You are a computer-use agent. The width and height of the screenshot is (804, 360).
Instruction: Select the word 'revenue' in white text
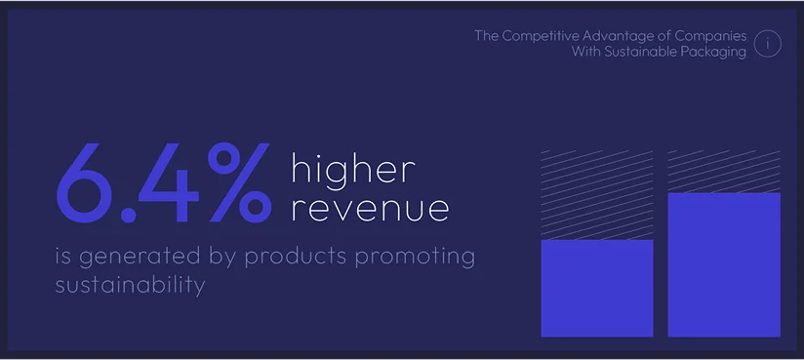pyautogui.click(x=370, y=209)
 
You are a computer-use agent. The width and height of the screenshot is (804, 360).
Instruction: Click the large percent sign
pyautogui.click(x=239, y=182)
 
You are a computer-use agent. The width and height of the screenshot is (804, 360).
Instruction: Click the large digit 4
pyautogui.click(x=169, y=183)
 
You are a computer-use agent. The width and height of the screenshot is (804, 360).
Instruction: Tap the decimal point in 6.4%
pyautogui.click(x=128, y=216)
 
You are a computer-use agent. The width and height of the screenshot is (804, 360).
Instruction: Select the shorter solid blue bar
pyautogui.click(x=597, y=288)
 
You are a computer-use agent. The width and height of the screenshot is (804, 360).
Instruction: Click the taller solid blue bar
pyautogui.click(x=724, y=264)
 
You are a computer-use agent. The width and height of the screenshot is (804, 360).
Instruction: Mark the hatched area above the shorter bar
pyautogui.click(x=597, y=195)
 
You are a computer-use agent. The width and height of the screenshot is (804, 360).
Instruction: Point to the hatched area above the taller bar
pyautogui.click(x=724, y=172)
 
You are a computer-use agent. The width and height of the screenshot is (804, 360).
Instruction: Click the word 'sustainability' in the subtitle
pyautogui.click(x=130, y=285)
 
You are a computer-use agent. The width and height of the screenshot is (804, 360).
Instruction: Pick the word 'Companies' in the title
pyautogui.click(x=711, y=36)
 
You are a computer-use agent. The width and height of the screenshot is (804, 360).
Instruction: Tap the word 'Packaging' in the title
pyautogui.click(x=714, y=52)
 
